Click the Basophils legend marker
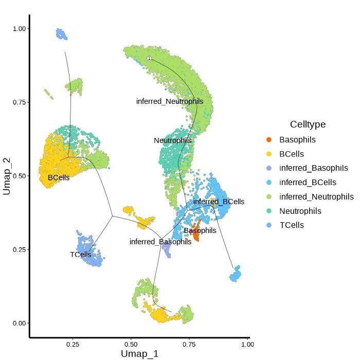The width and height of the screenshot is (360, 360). click(x=269, y=140)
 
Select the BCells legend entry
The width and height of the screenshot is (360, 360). click(x=291, y=154)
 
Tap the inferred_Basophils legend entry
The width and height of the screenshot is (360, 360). click(x=313, y=168)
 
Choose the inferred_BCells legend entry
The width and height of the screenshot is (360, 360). click(x=308, y=183)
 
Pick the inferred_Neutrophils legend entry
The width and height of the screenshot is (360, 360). click(x=316, y=197)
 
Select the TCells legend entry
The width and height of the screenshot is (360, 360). click(x=291, y=225)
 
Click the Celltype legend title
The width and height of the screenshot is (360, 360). click(x=308, y=124)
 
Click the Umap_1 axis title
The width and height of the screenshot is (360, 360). click(x=139, y=353)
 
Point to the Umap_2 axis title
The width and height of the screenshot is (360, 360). click(x=7, y=176)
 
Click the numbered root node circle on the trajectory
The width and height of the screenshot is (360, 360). click(x=149, y=59)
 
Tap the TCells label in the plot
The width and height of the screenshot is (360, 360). click(x=81, y=255)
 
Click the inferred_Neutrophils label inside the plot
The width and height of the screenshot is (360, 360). click(x=170, y=101)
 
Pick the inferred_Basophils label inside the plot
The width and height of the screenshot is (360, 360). click(x=160, y=242)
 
